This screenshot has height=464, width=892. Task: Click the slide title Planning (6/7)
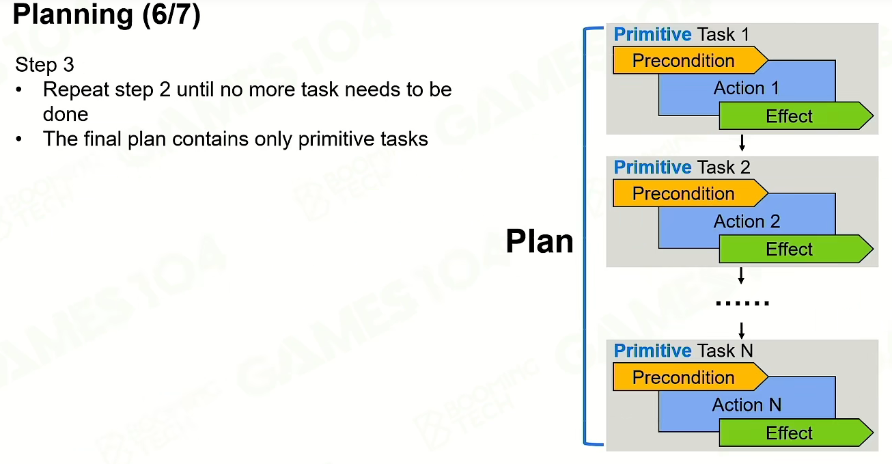coord(107,15)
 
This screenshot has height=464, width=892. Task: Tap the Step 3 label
coord(44,64)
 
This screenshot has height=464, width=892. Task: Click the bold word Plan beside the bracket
coord(540,241)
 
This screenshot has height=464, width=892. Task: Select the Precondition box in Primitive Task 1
coord(691,61)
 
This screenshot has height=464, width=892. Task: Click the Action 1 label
coord(747,88)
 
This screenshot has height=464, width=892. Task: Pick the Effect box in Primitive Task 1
coord(796,116)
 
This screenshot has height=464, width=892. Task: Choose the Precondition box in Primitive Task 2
coord(691,193)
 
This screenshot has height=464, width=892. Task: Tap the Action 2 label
coord(747,221)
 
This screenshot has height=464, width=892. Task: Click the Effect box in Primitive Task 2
coord(796,249)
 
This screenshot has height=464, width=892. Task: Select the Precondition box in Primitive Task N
coord(691,377)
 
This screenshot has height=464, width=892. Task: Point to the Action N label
coord(747,405)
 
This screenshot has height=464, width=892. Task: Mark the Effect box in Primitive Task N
coord(796,433)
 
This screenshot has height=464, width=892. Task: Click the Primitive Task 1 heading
coord(682,35)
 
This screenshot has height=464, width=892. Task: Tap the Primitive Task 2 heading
coord(682,167)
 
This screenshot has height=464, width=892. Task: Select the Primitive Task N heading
coord(683,351)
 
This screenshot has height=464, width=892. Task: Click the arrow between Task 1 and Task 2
coord(742,143)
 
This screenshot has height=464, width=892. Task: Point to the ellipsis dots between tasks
coord(742,303)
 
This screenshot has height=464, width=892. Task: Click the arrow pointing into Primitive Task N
coord(742,331)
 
